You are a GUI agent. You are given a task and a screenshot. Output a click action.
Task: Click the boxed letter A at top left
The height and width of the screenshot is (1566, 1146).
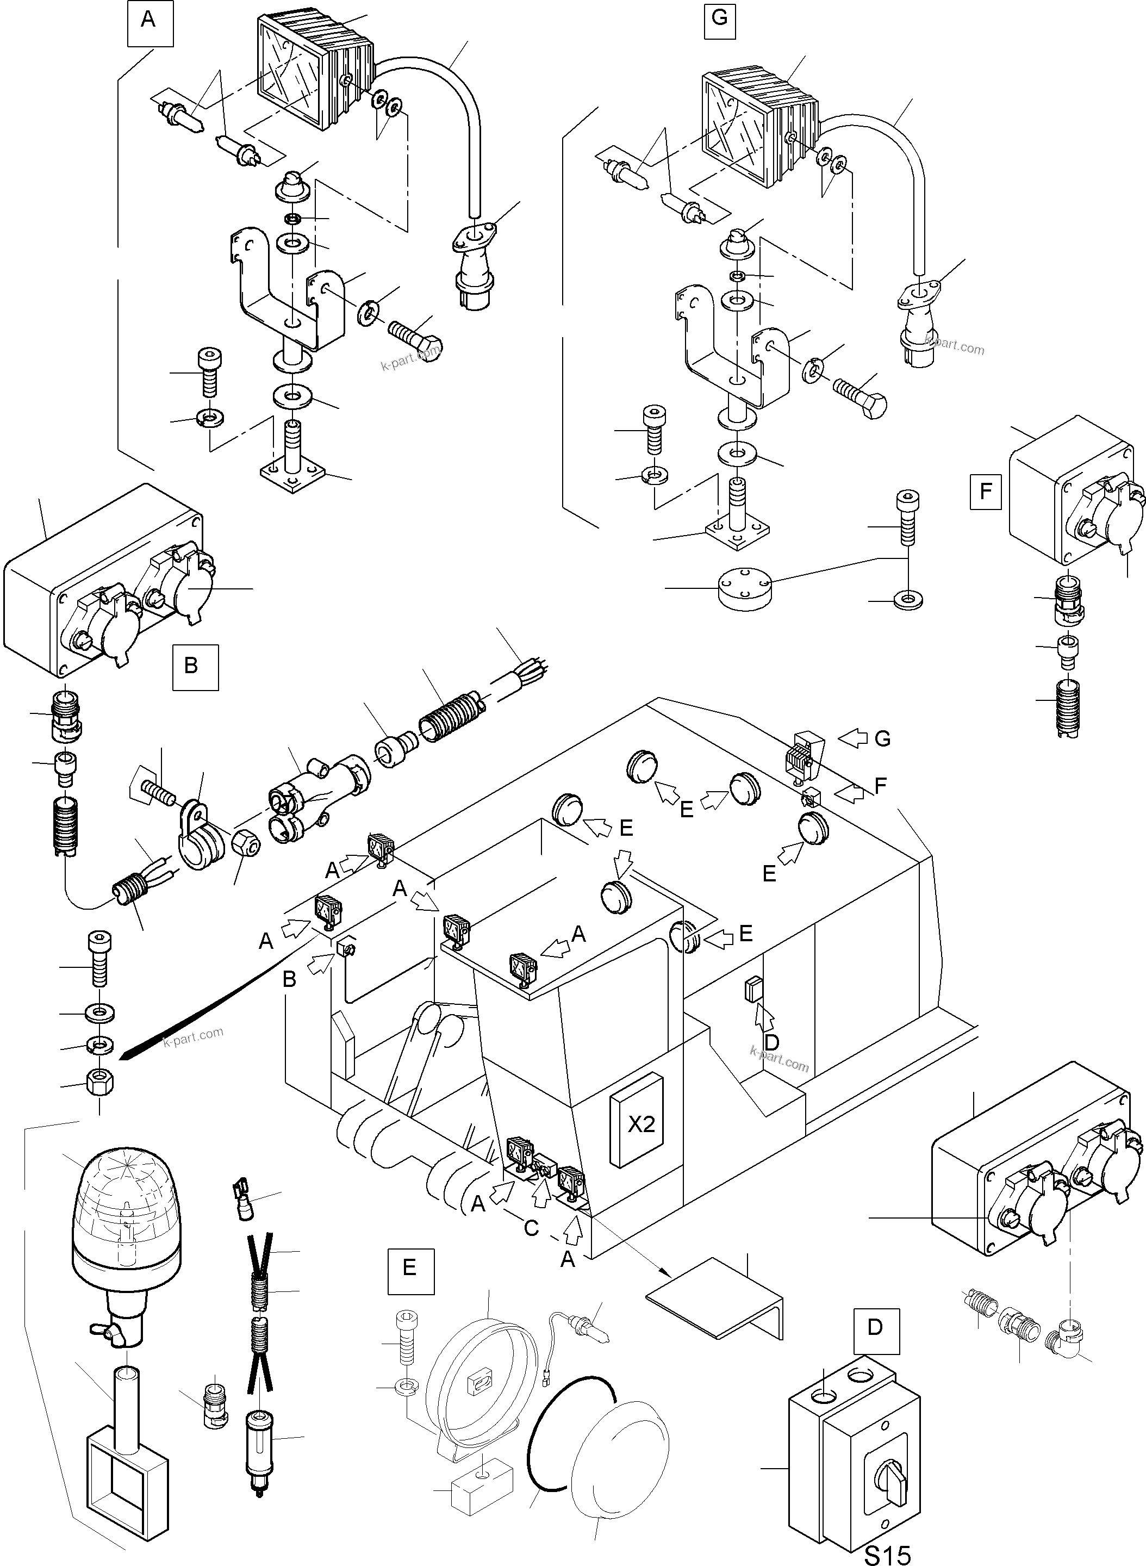(148, 20)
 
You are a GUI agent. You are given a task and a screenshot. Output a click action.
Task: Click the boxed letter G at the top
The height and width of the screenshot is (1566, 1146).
(719, 17)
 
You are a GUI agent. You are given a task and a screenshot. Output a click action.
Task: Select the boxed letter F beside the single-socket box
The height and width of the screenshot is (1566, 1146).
(985, 491)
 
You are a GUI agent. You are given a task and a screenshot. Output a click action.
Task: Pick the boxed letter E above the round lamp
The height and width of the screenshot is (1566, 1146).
(409, 1267)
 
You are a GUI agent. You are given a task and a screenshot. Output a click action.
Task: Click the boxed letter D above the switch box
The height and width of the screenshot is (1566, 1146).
(875, 1327)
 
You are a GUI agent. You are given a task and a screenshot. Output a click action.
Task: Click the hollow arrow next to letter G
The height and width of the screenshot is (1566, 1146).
(854, 739)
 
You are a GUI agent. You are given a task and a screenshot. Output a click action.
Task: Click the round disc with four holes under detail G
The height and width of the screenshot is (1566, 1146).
(746, 588)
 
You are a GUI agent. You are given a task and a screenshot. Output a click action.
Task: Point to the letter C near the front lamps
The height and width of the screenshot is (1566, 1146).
(531, 1229)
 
